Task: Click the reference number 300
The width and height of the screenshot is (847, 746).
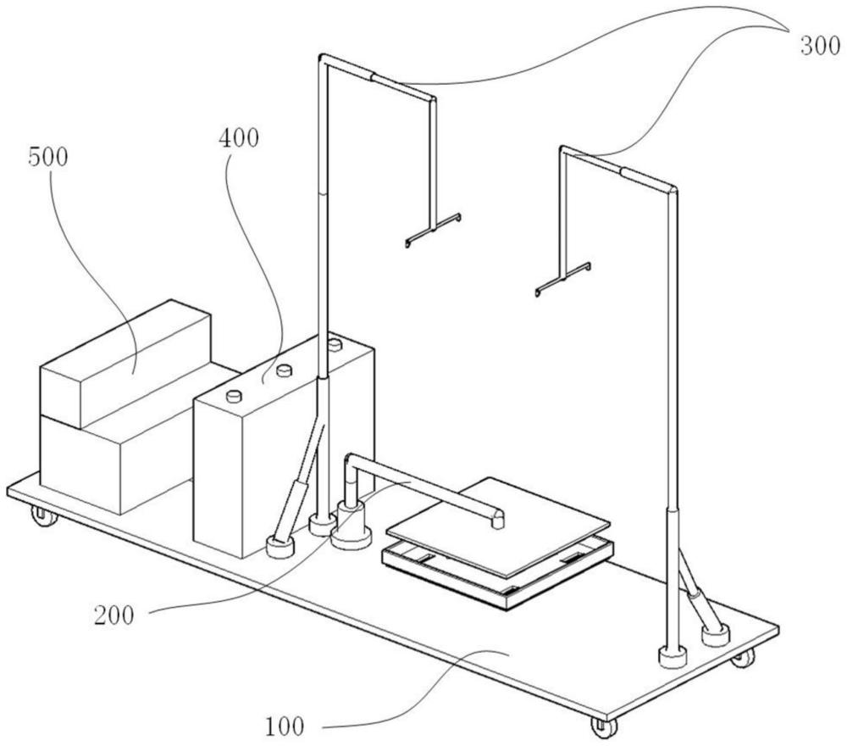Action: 820,46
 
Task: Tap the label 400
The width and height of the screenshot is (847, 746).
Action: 240,138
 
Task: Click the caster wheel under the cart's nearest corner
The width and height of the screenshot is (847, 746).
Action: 601,727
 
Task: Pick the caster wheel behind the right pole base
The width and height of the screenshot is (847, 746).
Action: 743,657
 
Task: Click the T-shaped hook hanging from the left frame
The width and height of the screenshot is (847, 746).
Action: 433,229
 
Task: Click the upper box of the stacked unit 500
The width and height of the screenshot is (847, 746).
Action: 125,362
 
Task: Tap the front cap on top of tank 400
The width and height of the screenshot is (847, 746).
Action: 233,394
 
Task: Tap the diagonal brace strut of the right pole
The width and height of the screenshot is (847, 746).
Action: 696,593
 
